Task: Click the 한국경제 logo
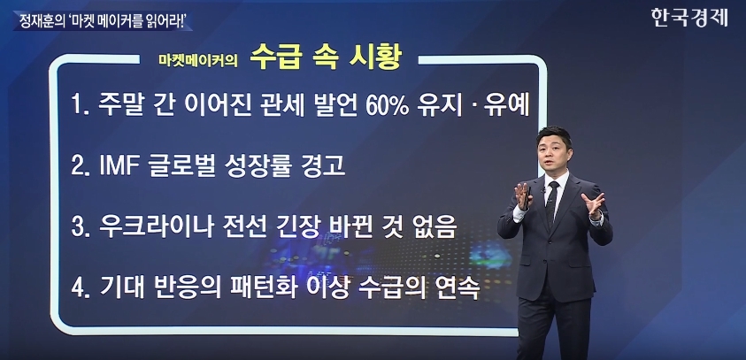click(x=690, y=18)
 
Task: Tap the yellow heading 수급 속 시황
click(x=327, y=58)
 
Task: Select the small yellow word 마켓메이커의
click(x=198, y=61)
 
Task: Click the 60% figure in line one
click(x=387, y=108)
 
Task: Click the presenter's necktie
click(x=552, y=203)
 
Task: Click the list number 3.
click(x=77, y=228)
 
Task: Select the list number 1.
click(x=77, y=108)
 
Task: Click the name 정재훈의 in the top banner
click(x=39, y=20)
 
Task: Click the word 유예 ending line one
click(x=506, y=107)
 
